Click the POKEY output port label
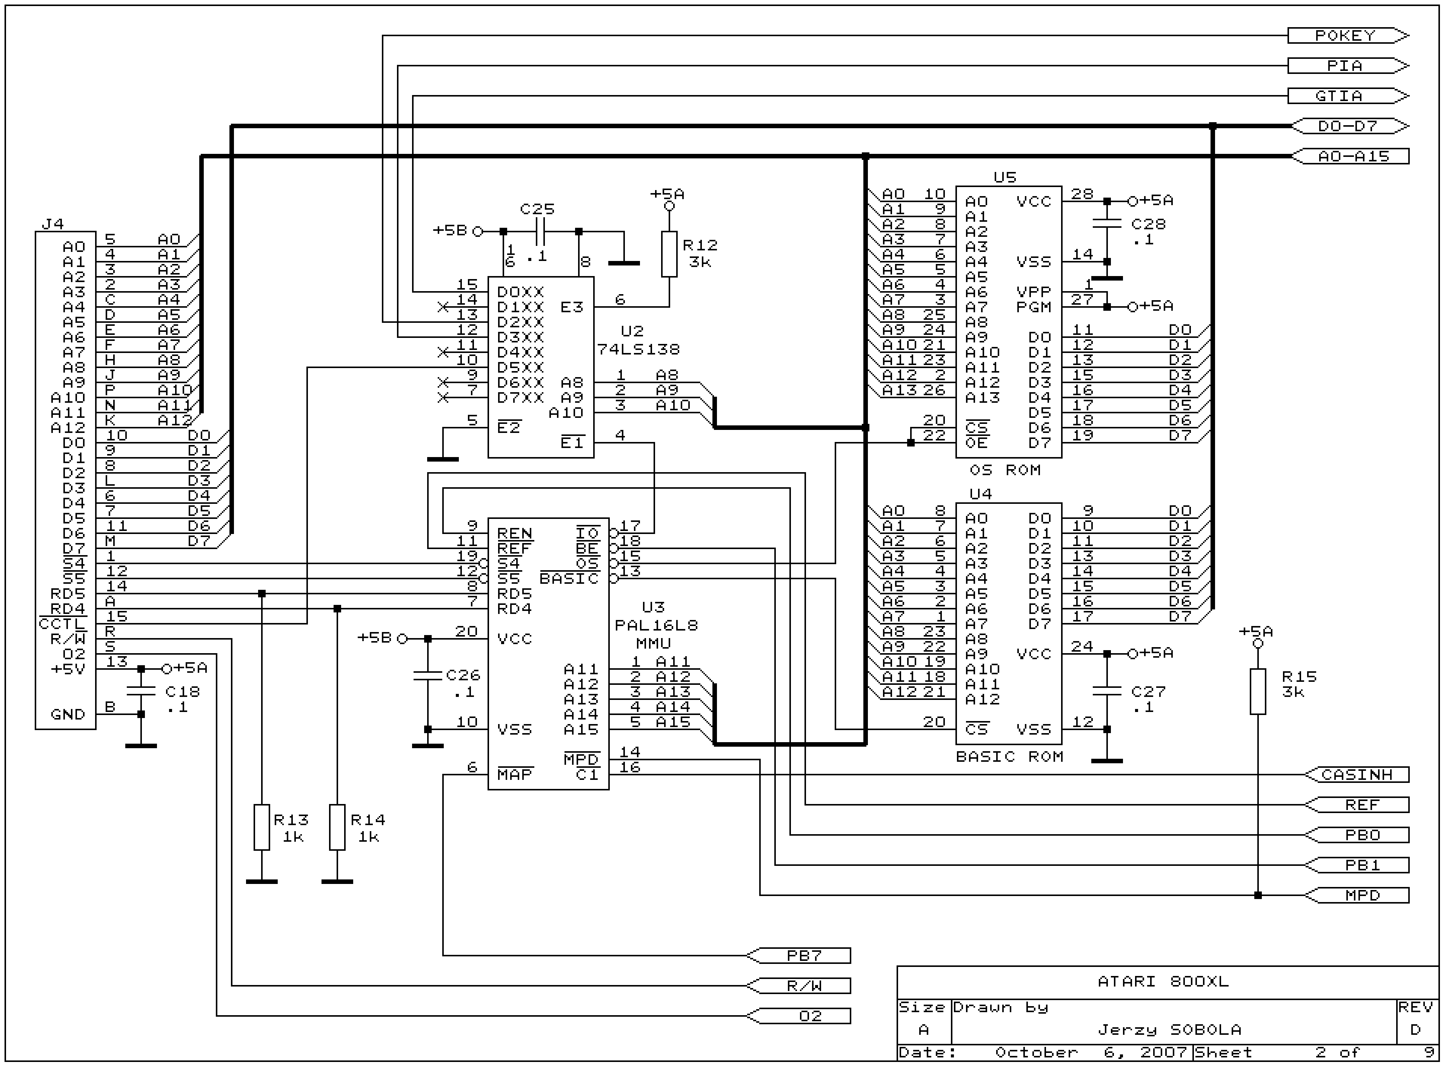[1346, 36]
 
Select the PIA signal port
[1346, 66]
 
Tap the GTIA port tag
[1346, 96]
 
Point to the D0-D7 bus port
[1349, 126]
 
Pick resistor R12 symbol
[669, 254]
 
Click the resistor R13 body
[261, 827]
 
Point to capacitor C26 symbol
[428, 675]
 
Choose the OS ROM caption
[1005, 470]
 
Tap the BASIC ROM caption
[1009, 756]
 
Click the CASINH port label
[1357, 775]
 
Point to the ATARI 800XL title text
[1162, 982]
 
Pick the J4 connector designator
[52, 224]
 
